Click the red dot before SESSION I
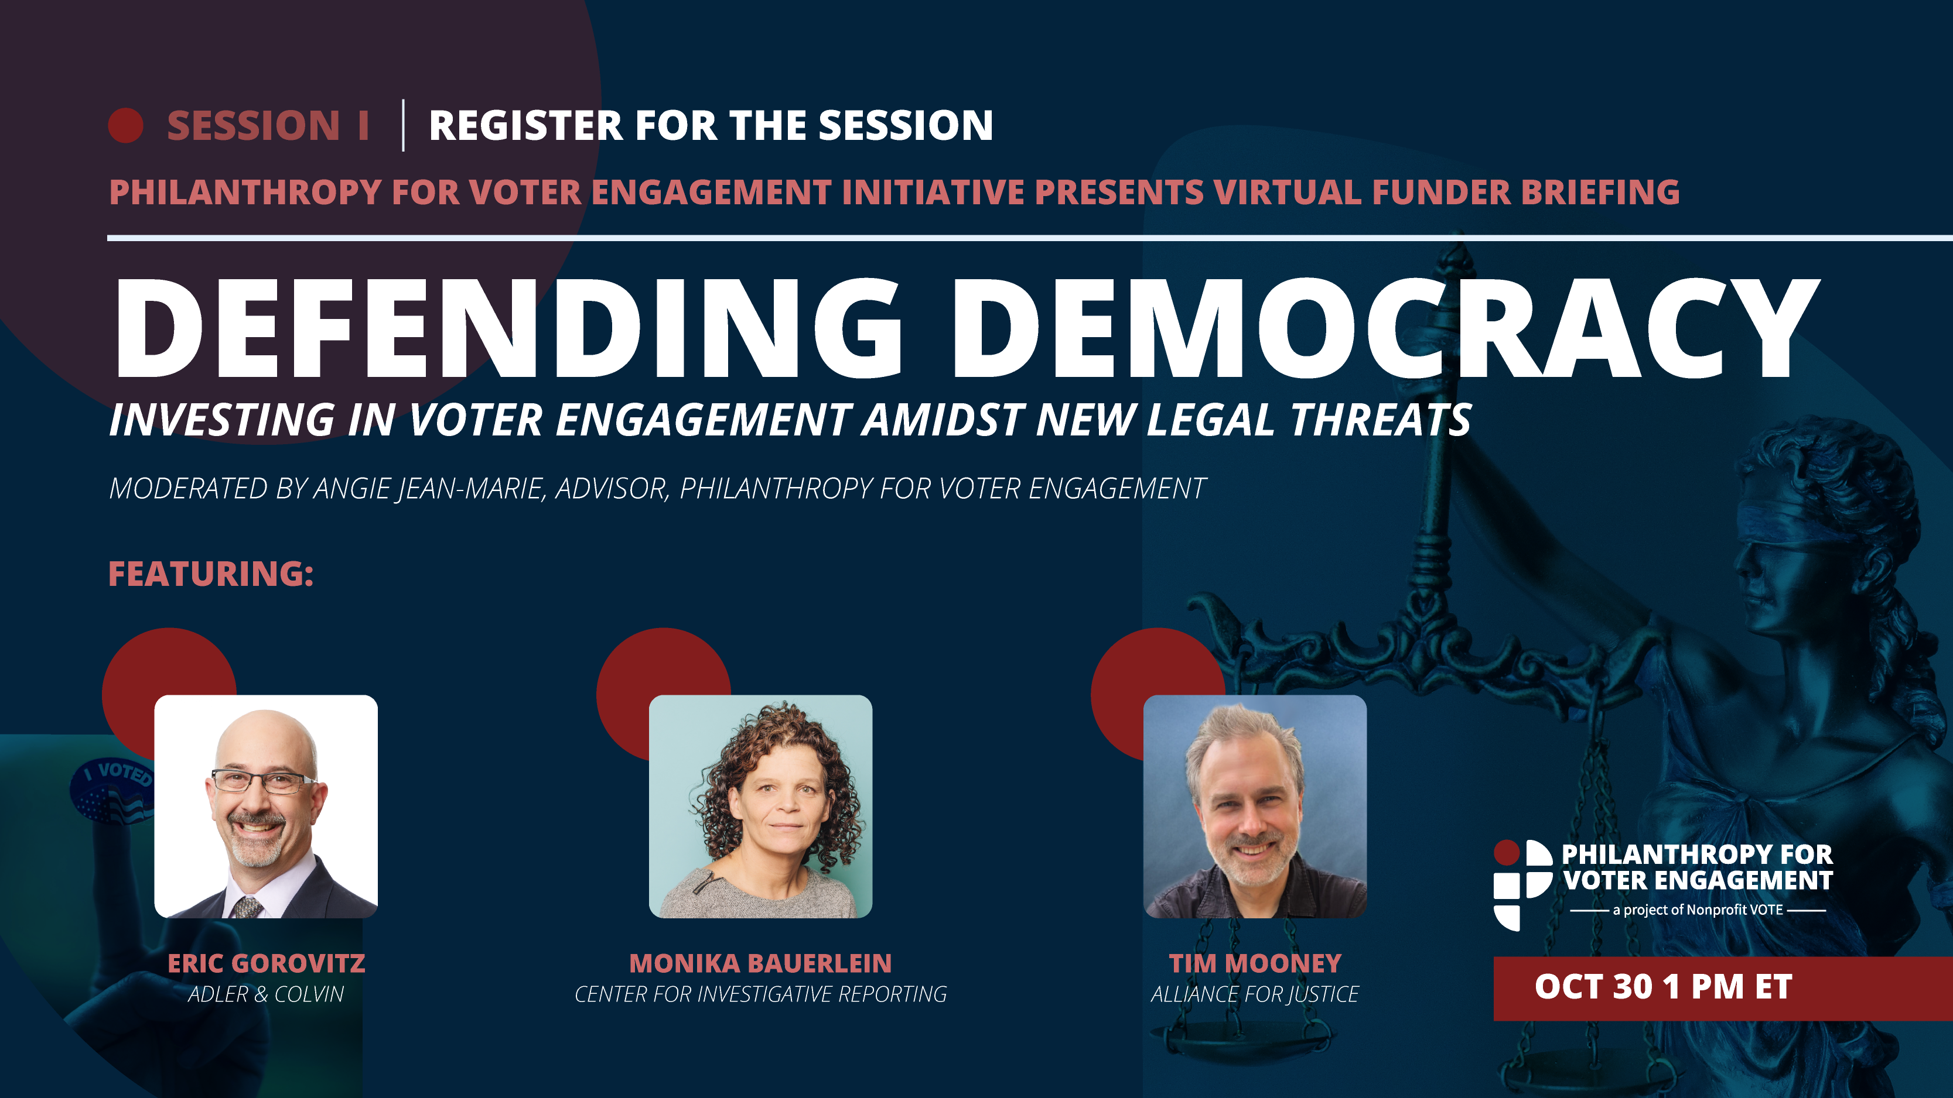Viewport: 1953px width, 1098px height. (x=126, y=125)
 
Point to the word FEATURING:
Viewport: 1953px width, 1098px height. (x=211, y=574)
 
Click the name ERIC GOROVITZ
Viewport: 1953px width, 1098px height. (x=266, y=963)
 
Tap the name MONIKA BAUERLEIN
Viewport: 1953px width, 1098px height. (x=760, y=963)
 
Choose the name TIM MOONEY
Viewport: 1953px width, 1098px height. (x=1255, y=963)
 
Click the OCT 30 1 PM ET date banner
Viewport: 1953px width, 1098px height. (x=1723, y=988)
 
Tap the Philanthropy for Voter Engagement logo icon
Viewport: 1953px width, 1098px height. (x=1522, y=884)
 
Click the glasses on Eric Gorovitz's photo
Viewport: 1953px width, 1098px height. (x=262, y=781)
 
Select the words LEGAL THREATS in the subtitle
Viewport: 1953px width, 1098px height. (x=1309, y=420)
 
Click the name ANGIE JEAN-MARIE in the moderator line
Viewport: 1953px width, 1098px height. (x=429, y=489)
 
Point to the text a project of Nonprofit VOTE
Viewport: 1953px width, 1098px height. (x=1698, y=910)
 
